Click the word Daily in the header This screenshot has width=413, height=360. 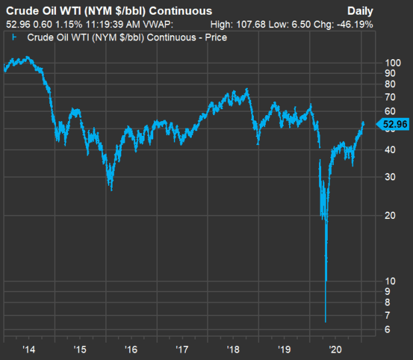(x=360, y=11)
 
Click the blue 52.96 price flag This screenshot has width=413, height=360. (x=393, y=124)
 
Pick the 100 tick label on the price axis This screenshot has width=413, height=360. (x=393, y=63)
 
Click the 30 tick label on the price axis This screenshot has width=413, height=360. (x=390, y=177)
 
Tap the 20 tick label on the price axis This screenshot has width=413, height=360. (x=390, y=216)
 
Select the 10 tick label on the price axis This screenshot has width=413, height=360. (x=390, y=281)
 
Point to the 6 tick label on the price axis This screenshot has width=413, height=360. (x=387, y=329)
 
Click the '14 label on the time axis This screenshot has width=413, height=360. (x=29, y=349)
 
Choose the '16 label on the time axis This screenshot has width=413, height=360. (x=131, y=349)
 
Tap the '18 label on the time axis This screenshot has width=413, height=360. (x=233, y=349)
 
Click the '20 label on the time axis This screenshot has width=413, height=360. (x=335, y=349)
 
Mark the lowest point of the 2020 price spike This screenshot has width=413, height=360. (x=326, y=322)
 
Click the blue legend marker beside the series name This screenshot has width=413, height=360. (x=14, y=37)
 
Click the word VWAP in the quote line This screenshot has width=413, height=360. (x=158, y=25)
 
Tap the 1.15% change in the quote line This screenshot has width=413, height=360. (x=69, y=25)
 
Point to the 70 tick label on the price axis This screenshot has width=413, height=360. (x=390, y=97)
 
